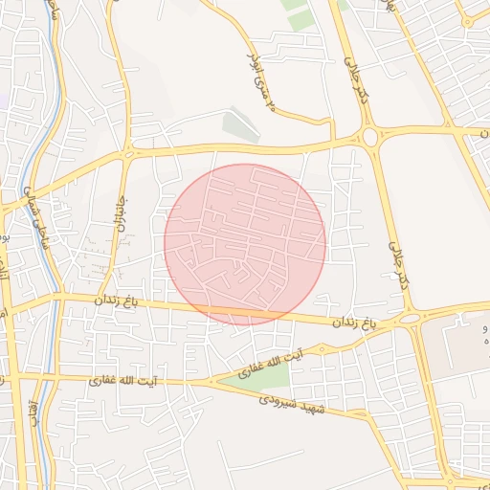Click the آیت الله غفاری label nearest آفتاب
tap(124, 381)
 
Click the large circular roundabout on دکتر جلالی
tap(371, 137)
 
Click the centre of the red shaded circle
tap(245, 244)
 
